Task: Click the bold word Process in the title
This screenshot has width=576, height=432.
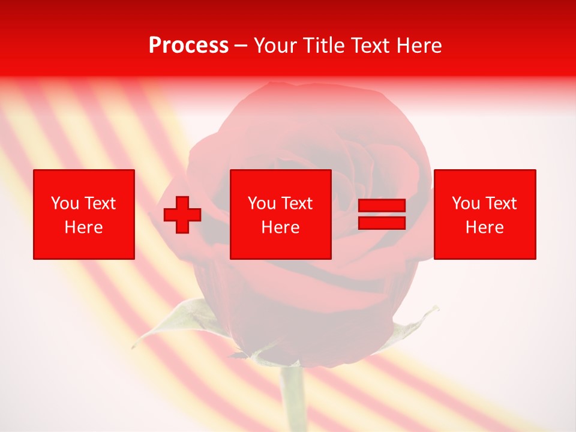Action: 188,46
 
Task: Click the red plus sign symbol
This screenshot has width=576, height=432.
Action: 182,214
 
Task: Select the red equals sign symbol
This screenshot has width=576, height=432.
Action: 382,214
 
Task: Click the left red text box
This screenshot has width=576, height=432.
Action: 84,214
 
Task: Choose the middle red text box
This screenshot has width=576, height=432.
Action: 281,214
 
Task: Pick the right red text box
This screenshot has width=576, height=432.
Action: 485,214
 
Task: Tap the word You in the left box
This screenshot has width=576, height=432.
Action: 65,203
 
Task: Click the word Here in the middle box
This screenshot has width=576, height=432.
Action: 281,227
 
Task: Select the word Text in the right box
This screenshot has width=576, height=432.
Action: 502,203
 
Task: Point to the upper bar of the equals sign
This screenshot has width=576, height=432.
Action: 382,206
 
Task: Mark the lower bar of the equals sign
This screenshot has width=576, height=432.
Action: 382,223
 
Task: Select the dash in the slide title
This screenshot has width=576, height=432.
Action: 241,46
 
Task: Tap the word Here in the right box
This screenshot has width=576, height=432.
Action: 485,227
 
